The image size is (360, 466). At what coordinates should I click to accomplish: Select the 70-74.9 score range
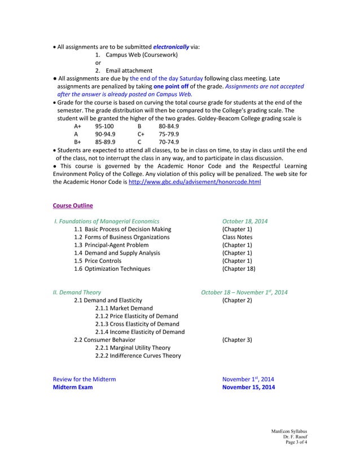169,142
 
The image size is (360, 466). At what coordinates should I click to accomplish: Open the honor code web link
195,182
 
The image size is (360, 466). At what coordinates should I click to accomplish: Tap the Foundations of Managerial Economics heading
106,221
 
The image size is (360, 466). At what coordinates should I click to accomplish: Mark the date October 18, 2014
245,221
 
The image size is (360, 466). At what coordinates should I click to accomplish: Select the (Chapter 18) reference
239,269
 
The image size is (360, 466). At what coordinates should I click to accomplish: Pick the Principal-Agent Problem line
111,245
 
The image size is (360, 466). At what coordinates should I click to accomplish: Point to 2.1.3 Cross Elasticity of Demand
137,324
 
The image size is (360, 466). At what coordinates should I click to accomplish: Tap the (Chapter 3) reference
237,340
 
